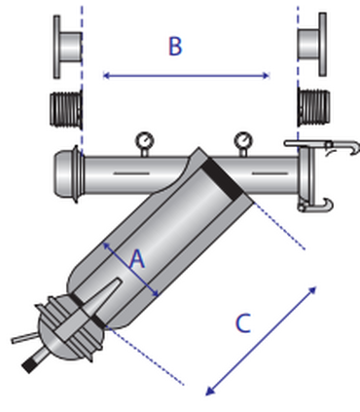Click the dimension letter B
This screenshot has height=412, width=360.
coord(175,46)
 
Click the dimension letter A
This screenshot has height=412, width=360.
coord(137,259)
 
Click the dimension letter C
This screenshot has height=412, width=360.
coord(243,323)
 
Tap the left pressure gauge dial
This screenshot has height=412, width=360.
coord(144,141)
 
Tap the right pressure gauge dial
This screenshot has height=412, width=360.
coord(243,141)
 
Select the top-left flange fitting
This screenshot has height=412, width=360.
coord(67,47)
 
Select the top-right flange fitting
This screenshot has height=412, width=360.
coord(312,45)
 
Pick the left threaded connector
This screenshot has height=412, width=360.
coord(66,109)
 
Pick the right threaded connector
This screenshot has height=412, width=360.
coord(314,108)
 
